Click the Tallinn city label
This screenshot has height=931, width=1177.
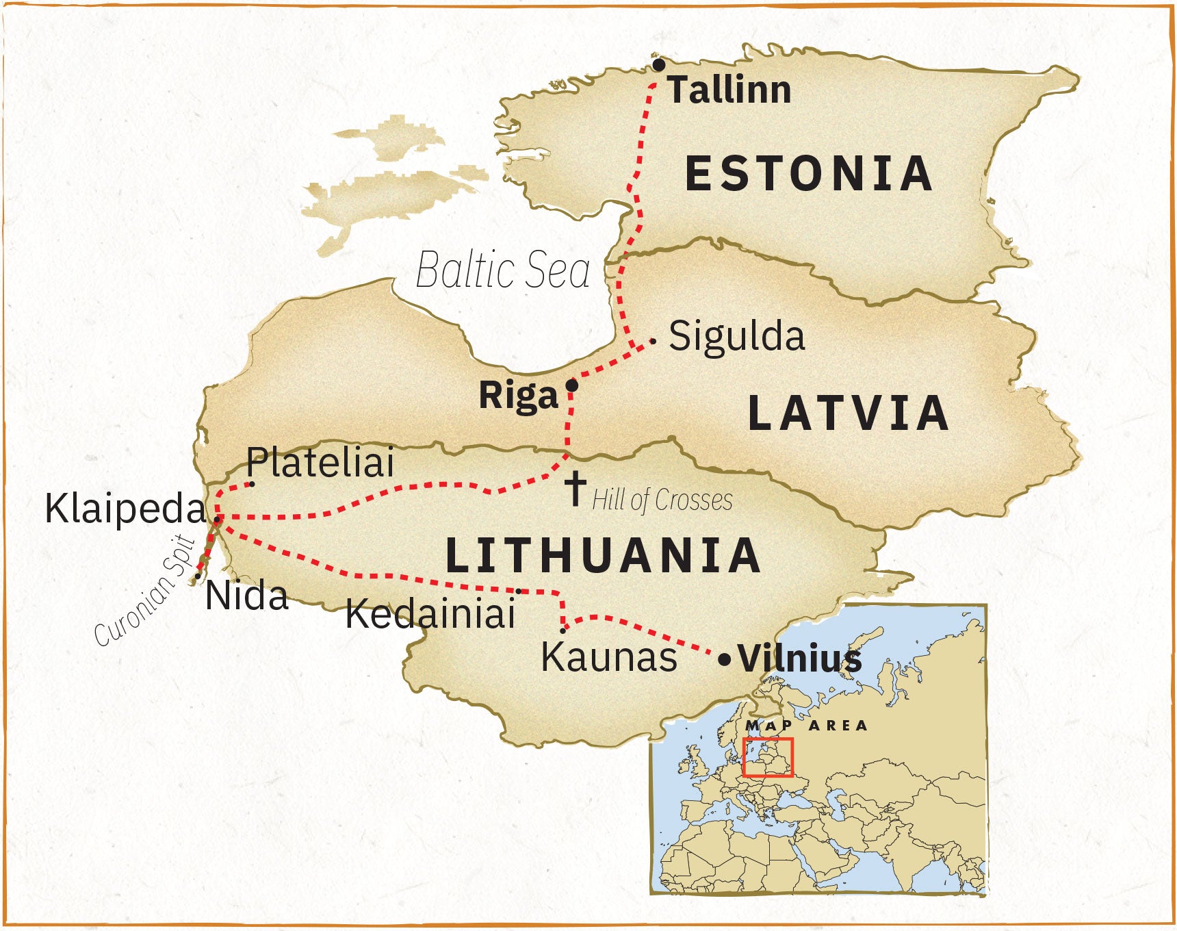729,90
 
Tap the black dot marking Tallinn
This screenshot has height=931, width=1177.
658,65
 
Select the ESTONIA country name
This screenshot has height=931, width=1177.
809,173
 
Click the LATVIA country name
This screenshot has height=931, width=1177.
849,413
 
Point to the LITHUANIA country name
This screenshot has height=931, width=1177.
603,555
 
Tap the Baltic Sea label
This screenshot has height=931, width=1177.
503,270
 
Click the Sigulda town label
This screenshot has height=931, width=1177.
736,336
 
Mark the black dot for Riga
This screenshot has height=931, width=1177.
572,386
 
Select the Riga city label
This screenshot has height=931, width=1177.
518,396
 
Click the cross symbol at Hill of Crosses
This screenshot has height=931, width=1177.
575,487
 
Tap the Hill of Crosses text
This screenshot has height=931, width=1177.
662,500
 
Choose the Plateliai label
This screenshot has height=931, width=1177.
320,462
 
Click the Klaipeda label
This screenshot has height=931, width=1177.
125,509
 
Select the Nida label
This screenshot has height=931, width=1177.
247,596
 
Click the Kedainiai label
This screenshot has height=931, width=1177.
430,613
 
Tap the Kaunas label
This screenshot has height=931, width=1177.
609,657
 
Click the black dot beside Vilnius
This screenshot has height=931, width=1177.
724,661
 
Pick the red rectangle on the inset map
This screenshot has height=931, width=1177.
768,757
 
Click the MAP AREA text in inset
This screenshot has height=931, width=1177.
806,726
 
